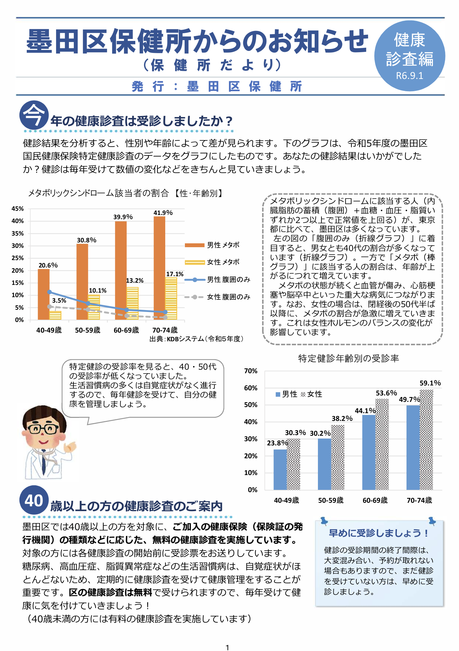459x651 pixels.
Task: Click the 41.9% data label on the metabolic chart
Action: click(163, 213)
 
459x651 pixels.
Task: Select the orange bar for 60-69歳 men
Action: click(121, 271)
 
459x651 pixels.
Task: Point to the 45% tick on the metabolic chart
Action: click(18, 209)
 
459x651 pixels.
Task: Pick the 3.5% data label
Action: click(59, 300)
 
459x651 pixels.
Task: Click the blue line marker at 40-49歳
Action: click(49, 292)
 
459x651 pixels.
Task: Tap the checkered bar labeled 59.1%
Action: click(426, 440)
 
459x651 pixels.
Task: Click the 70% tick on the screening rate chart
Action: click(251, 371)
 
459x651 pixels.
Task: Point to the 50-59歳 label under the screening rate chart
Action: click(331, 500)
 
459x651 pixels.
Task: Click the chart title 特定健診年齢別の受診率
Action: click(349, 358)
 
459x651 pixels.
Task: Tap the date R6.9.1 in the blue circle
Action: click(409, 76)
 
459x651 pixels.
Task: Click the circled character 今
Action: click(34, 115)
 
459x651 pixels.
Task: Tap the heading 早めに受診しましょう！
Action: click(379, 533)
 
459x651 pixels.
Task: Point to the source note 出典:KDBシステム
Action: click(196, 339)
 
